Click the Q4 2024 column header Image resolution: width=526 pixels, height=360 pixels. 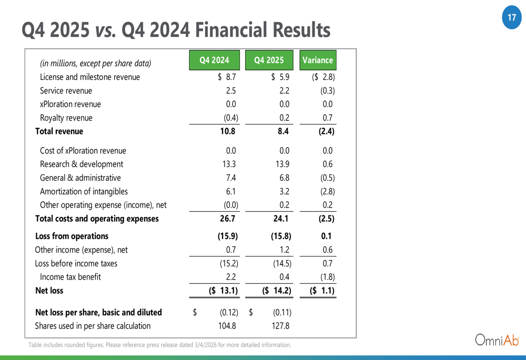(215, 60)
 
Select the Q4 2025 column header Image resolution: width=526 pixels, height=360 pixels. (269, 60)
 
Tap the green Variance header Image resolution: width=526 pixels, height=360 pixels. (318, 60)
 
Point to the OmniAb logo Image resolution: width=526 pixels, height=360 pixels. (497, 340)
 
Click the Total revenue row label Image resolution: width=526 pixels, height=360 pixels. (59, 131)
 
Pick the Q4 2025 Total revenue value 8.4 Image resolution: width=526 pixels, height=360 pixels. (283, 131)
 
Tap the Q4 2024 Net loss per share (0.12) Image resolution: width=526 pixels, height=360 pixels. (228, 312)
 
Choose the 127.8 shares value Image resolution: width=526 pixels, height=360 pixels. (281, 326)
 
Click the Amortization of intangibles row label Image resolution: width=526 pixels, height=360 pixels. (84, 191)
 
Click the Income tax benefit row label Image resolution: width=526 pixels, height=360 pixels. (70, 276)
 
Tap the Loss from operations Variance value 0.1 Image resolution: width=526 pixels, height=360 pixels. (326, 236)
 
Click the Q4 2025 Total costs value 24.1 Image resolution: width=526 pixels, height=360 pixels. (281, 219)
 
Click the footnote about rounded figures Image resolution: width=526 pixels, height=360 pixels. (159, 345)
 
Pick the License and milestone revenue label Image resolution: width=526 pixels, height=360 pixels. (90, 77)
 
